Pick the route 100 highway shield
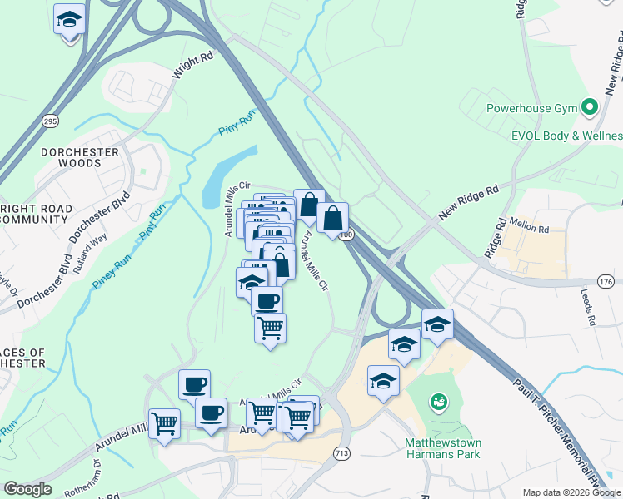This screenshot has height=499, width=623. [346, 235]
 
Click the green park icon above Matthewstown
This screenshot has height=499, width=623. [437, 403]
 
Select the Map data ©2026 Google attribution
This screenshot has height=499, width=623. [571, 492]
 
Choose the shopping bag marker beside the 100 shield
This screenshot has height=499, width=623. [332, 219]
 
